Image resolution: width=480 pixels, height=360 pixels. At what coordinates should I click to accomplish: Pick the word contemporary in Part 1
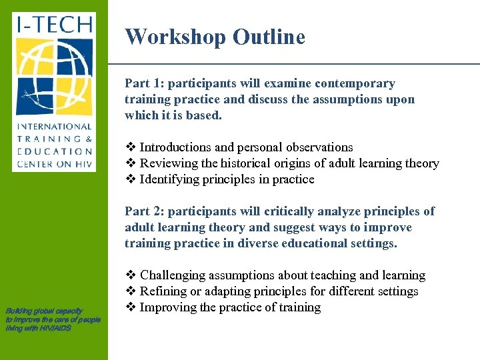353,84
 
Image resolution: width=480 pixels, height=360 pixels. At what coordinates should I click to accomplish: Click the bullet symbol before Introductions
130,147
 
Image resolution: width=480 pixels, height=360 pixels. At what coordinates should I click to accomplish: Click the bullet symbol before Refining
130,291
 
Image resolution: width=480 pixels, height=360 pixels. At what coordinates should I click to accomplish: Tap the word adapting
219,291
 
